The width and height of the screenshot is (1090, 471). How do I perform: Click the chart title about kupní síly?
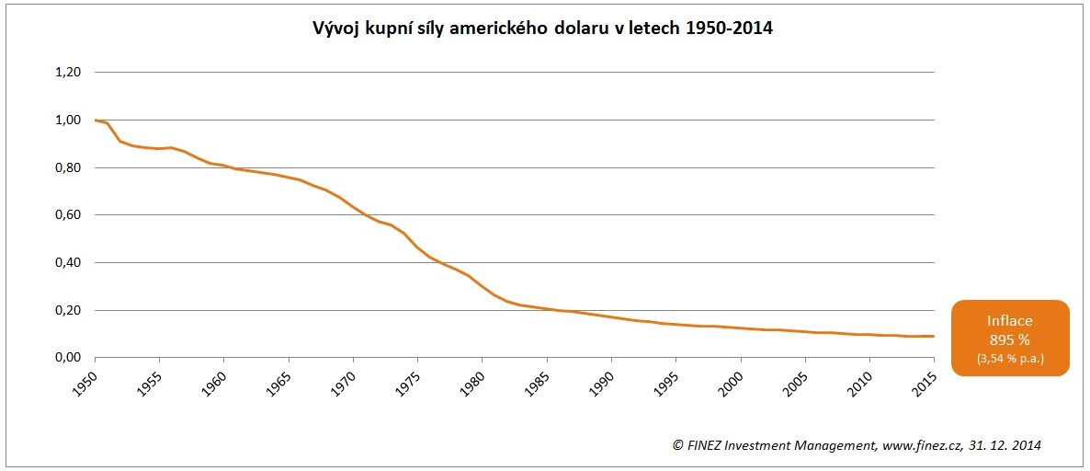click(543, 29)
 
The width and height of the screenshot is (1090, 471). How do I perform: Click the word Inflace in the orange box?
click(1009, 321)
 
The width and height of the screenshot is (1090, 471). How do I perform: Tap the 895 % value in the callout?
click(1009, 339)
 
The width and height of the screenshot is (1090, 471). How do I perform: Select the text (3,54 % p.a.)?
click(1009, 356)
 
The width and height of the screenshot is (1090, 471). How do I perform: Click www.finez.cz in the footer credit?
click(921, 445)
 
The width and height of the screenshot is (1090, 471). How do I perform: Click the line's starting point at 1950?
click(95, 121)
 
